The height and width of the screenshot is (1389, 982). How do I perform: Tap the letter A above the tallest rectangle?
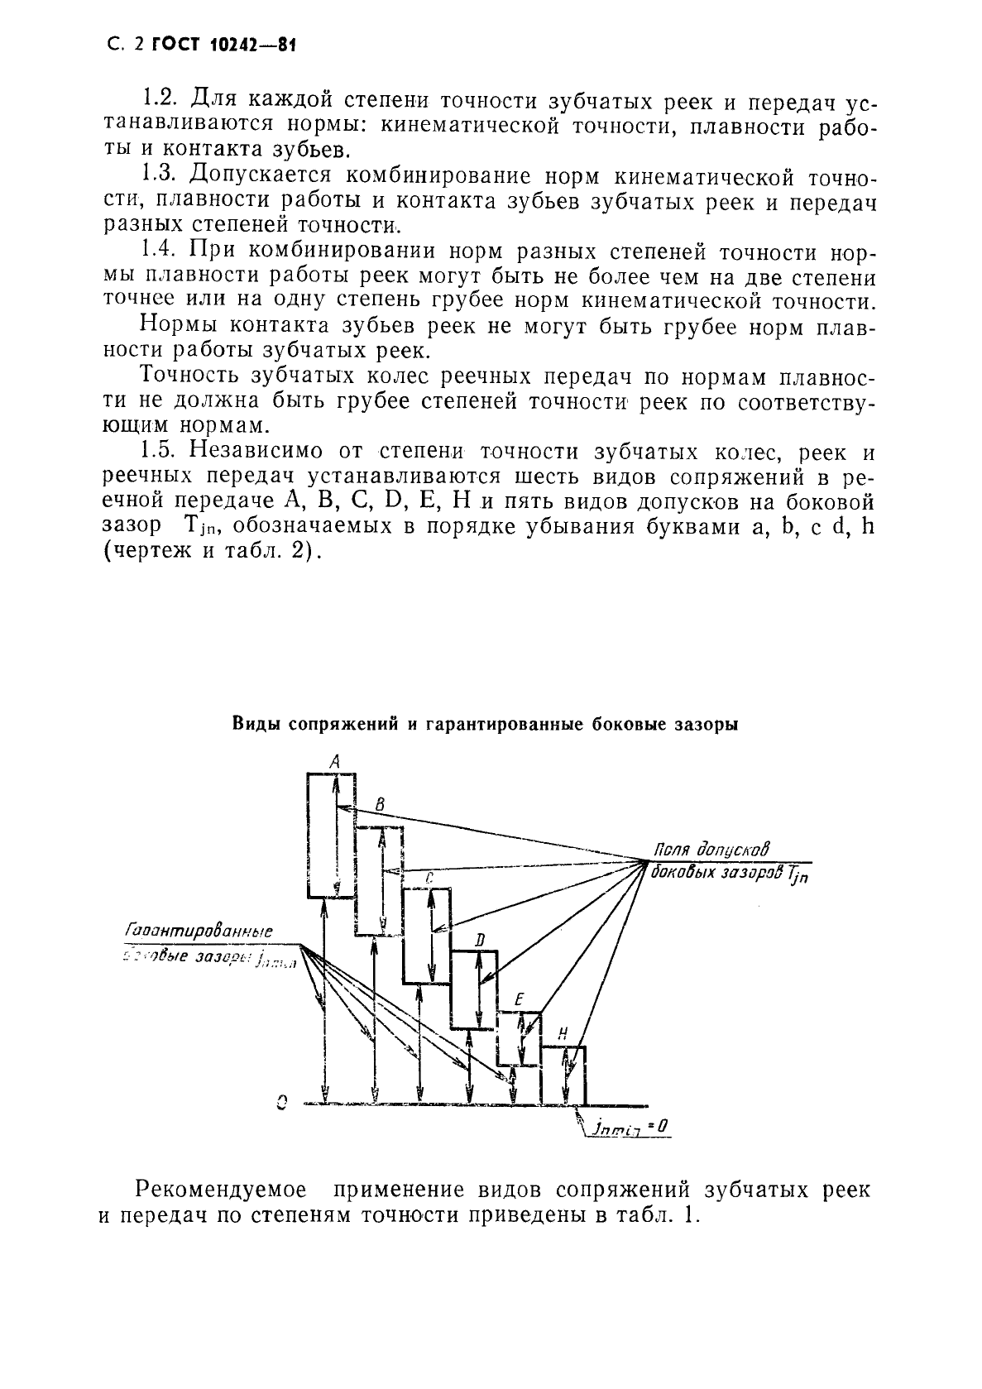coord(334,760)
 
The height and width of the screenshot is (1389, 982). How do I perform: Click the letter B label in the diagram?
coord(379,804)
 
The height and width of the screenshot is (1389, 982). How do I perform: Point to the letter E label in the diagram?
coord(519,1000)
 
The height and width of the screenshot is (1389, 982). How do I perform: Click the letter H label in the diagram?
coord(563,1034)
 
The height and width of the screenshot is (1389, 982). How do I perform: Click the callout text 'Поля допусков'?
coord(711,850)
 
